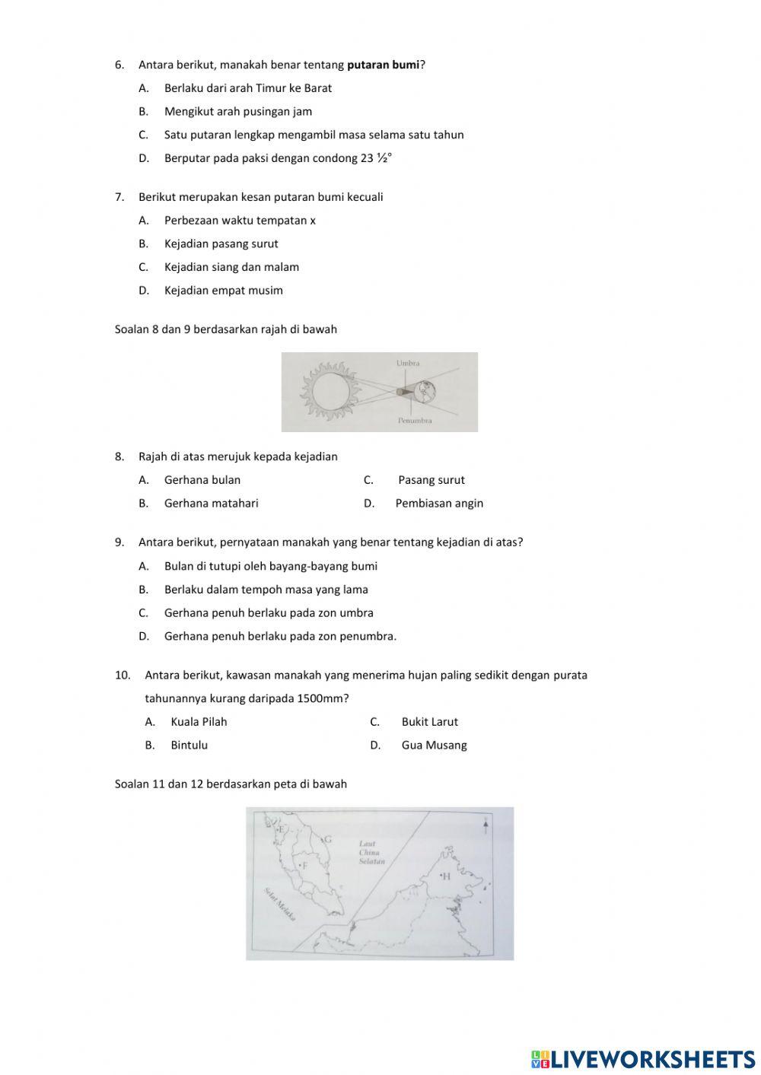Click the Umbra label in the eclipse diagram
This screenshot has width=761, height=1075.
[408, 364]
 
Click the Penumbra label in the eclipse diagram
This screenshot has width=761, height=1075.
[415, 420]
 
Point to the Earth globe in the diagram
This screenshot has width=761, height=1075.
[425, 391]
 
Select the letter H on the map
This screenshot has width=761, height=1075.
[446, 876]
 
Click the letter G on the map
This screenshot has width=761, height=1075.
[328, 840]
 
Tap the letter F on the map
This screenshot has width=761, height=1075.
[305, 866]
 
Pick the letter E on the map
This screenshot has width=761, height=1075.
[282, 829]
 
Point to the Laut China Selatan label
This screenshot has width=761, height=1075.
[371, 853]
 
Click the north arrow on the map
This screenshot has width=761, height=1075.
[486, 826]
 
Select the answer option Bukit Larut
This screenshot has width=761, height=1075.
[429, 722]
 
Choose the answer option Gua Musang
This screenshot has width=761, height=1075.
[434, 746]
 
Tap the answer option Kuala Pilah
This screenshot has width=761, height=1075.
[199, 722]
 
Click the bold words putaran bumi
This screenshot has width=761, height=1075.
[383, 65]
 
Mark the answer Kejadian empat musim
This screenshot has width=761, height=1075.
[223, 291]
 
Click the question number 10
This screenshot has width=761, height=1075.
[123, 676]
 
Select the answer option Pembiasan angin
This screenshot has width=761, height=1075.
[439, 503]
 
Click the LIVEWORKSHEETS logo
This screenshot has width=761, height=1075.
[643, 1058]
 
